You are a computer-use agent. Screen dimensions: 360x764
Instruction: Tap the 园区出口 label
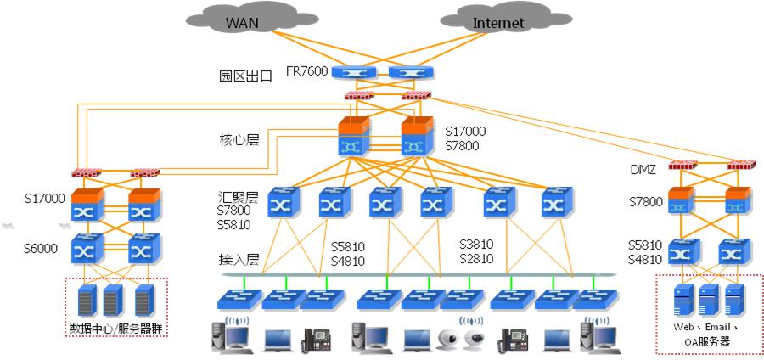tap(245, 76)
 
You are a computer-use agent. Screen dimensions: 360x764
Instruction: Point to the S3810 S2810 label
tap(476, 251)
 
